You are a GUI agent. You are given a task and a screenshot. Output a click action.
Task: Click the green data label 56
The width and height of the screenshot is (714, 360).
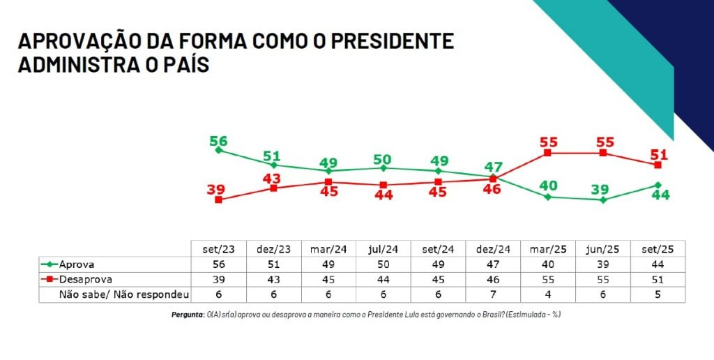pos(219,141)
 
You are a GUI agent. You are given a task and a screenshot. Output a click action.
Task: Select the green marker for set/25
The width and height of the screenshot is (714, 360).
pos(658,185)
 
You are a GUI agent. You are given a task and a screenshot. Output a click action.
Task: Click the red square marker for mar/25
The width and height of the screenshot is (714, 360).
pos(548,153)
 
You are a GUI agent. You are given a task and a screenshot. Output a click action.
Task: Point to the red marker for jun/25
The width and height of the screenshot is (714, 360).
pos(603,153)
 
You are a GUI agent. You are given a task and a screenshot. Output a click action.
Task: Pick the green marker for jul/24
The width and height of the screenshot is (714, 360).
pos(383,167)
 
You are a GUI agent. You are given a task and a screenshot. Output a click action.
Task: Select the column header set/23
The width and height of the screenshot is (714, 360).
pos(219,249)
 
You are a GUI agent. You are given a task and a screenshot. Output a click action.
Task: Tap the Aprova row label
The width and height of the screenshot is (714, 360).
pos(77,264)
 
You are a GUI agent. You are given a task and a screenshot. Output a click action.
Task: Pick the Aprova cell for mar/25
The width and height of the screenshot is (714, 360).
pos(548,264)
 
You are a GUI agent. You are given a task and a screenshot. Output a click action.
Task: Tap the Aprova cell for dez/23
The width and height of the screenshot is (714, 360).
pos(273,264)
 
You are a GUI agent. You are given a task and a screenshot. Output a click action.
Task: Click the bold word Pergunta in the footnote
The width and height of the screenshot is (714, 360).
pos(187,315)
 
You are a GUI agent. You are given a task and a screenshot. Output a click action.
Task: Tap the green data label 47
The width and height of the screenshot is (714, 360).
pos(493,166)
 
